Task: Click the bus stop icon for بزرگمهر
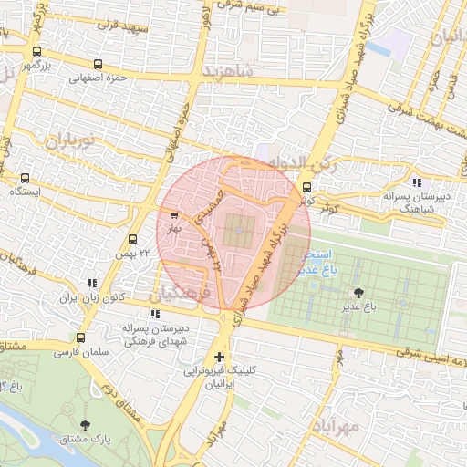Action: click(x=36, y=52)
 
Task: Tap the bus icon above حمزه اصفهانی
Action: click(x=99, y=64)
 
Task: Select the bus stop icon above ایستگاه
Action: click(x=24, y=178)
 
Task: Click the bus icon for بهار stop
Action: click(x=174, y=215)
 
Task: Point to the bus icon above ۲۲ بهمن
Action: click(x=133, y=239)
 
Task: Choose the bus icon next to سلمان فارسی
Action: click(x=81, y=337)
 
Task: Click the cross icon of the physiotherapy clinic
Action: click(x=219, y=357)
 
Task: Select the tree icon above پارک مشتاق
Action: click(x=85, y=425)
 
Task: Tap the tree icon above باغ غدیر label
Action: click(x=358, y=293)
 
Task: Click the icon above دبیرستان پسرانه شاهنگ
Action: click(x=417, y=182)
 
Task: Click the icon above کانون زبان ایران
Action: click(x=90, y=284)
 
